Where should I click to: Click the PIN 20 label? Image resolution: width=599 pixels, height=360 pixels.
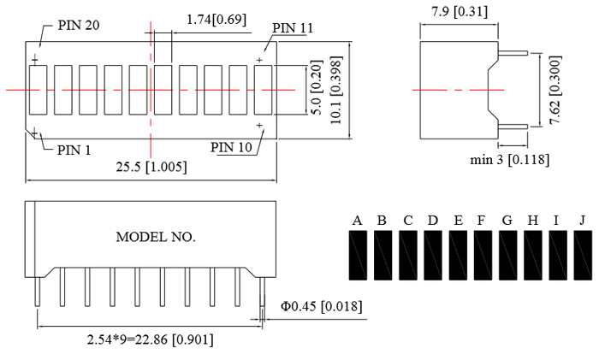79,26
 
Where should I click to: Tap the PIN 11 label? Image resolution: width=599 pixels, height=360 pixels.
293,28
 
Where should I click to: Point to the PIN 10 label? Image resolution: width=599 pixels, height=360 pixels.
231,147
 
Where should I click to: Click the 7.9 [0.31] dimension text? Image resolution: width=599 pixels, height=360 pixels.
460,11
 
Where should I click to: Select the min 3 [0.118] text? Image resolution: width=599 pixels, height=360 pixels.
509,159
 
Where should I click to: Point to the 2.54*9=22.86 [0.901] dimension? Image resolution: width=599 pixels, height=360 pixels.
151,339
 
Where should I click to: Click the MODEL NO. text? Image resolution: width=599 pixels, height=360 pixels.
156,237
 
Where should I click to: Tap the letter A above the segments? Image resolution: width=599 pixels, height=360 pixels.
357,221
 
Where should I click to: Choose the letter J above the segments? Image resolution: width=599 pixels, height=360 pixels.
582,221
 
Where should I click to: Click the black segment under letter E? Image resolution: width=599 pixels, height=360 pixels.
458,256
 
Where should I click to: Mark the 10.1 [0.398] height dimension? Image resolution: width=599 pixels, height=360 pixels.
338,89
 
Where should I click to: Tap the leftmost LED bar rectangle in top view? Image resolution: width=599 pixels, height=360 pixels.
37,89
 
